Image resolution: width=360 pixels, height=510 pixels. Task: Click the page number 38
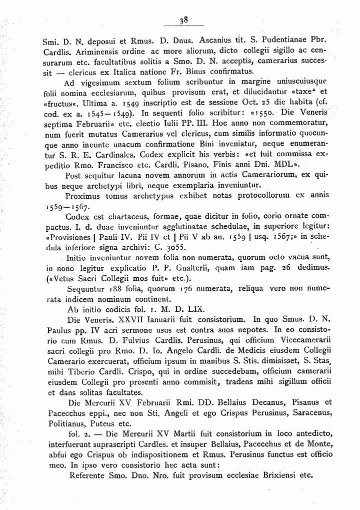click(184, 21)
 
